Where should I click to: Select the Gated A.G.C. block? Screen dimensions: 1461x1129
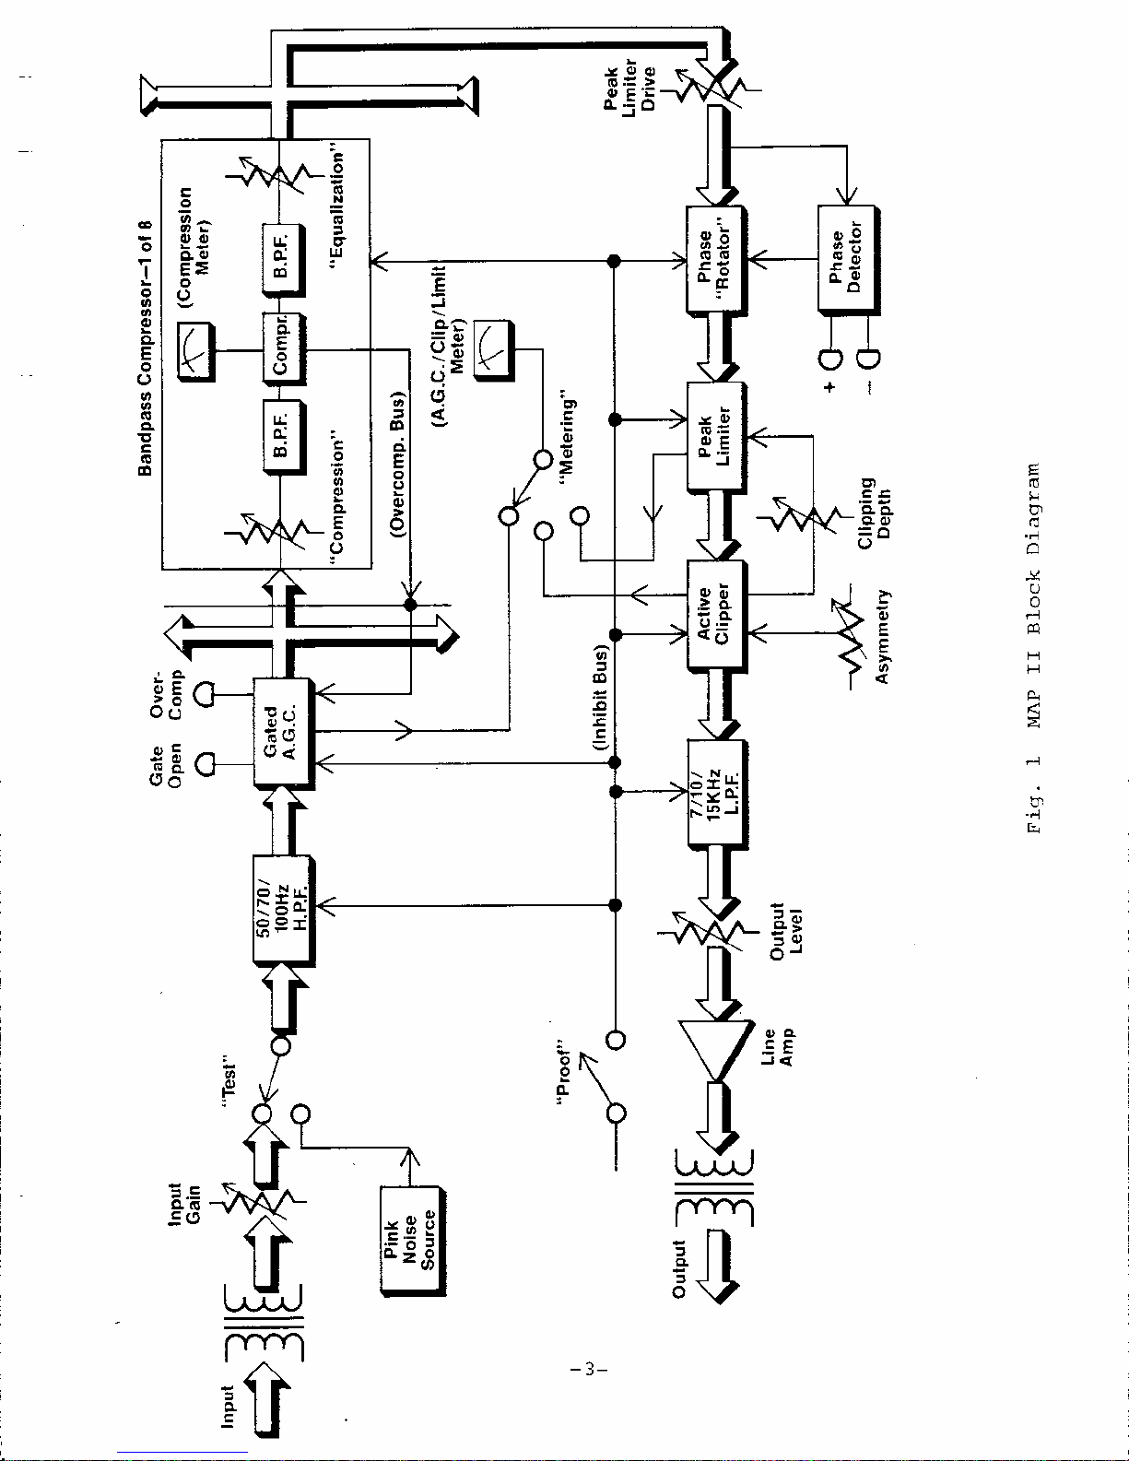282,732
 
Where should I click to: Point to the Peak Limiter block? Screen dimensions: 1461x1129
715,436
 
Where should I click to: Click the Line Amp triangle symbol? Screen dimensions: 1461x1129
714,1047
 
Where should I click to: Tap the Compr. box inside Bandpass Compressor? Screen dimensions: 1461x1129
283,349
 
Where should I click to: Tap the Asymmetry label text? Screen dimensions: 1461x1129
882,637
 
